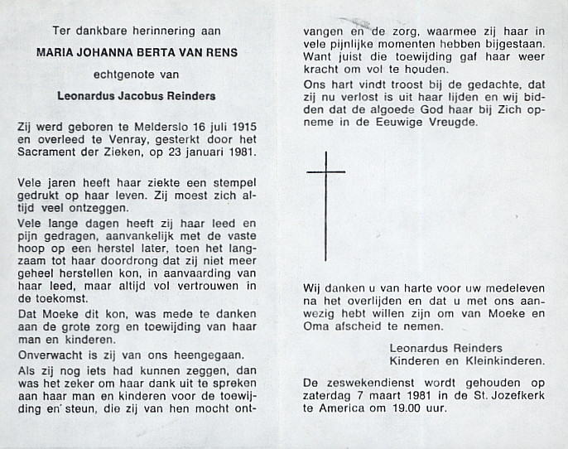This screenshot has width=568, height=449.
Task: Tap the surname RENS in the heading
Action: coord(220,52)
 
